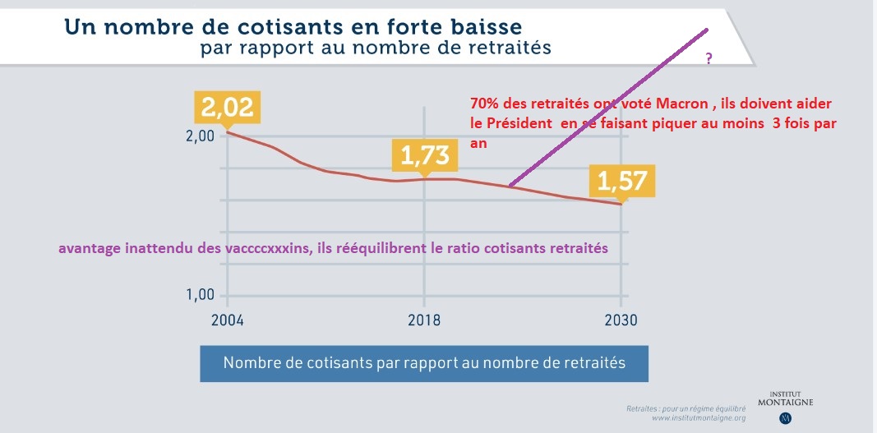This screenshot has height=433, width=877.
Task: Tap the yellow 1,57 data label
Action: pyautogui.click(x=621, y=181)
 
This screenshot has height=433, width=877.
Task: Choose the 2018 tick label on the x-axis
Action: pyautogui.click(x=424, y=320)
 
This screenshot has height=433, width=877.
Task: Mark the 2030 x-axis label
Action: pyautogui.click(x=621, y=320)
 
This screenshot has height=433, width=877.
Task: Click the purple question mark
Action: pyautogui.click(x=709, y=60)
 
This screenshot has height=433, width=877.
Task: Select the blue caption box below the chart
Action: pyautogui.click(x=424, y=363)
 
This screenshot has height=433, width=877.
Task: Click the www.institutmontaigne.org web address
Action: pyautogui.click(x=698, y=418)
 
